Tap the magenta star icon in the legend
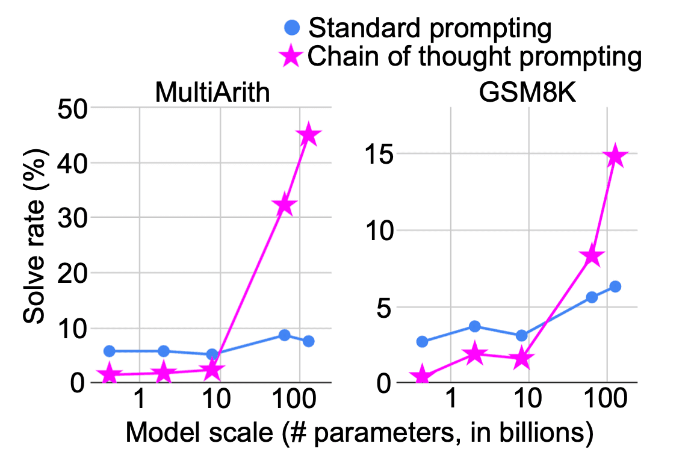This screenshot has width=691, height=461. click(x=291, y=57)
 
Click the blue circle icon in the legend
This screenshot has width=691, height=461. click(x=292, y=27)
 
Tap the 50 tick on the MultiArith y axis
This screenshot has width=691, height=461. click(x=72, y=108)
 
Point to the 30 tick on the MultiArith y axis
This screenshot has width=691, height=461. click(x=72, y=218)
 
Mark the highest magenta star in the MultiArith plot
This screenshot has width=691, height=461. click(x=309, y=135)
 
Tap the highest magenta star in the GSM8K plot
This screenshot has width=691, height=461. click(x=615, y=157)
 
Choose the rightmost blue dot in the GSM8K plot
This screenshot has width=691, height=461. click(x=615, y=286)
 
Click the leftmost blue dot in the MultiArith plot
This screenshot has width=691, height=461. click(x=109, y=351)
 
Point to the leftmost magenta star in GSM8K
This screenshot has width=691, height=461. click(x=422, y=377)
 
